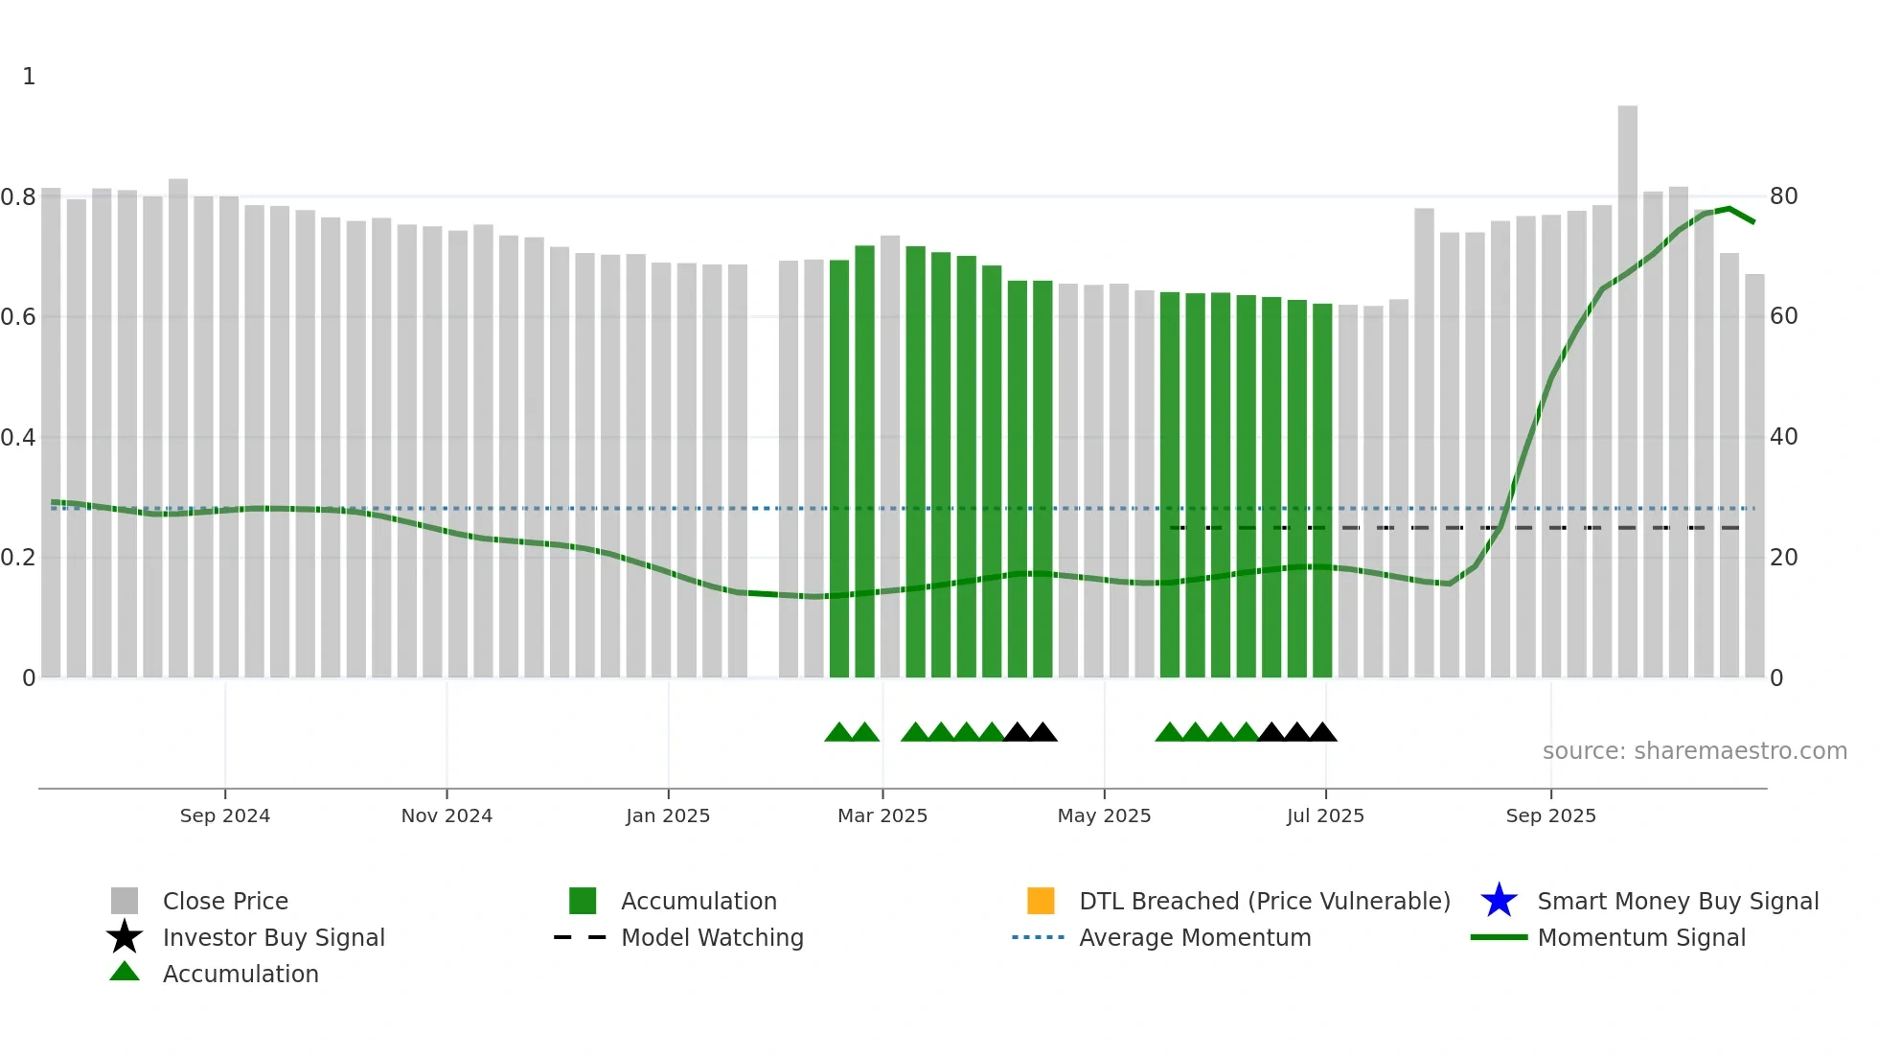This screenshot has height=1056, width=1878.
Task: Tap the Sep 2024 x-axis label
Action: click(x=225, y=815)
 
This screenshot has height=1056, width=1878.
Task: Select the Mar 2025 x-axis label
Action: click(x=882, y=815)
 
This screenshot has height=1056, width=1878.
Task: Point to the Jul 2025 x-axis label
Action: click(x=1325, y=815)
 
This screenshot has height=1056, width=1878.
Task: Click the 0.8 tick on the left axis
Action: click(x=18, y=197)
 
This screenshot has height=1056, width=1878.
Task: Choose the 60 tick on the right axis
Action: click(x=1783, y=316)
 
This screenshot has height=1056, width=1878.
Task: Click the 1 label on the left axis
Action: click(x=29, y=77)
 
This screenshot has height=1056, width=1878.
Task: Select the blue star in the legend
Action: click(x=1499, y=901)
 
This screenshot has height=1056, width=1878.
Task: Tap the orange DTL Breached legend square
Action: click(x=1041, y=901)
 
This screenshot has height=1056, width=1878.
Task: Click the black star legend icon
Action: click(x=125, y=937)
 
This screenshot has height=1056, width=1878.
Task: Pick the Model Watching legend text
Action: click(x=712, y=937)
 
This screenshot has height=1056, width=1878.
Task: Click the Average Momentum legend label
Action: click(x=1195, y=937)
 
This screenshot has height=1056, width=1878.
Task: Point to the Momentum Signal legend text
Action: click(x=1641, y=937)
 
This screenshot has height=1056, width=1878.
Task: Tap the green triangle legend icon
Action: click(x=125, y=972)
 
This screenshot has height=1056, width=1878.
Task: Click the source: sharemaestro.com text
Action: click(x=1694, y=751)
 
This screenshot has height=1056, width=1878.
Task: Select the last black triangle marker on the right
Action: click(x=1322, y=733)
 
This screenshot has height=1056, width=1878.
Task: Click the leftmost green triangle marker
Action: click(x=838, y=733)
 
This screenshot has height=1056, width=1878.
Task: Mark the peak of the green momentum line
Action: click(x=1729, y=208)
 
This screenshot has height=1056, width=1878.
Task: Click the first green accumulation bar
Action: click(x=839, y=470)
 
